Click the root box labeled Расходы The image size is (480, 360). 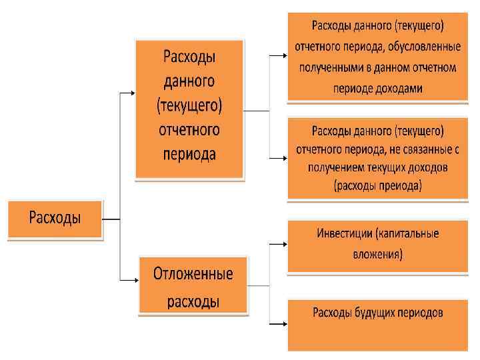pos(55,219)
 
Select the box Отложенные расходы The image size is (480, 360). pos(193,287)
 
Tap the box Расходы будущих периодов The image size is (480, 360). pos(377,324)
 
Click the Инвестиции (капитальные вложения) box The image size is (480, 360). pos(377,244)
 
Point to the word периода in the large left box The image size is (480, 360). pos(190,153)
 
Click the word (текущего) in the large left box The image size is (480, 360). pos(190,105)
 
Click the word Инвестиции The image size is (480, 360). pos(343,234)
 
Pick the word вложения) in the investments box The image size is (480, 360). pos(377,254)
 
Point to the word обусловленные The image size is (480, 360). pos(425,47)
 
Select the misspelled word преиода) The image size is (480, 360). pos(401,186)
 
